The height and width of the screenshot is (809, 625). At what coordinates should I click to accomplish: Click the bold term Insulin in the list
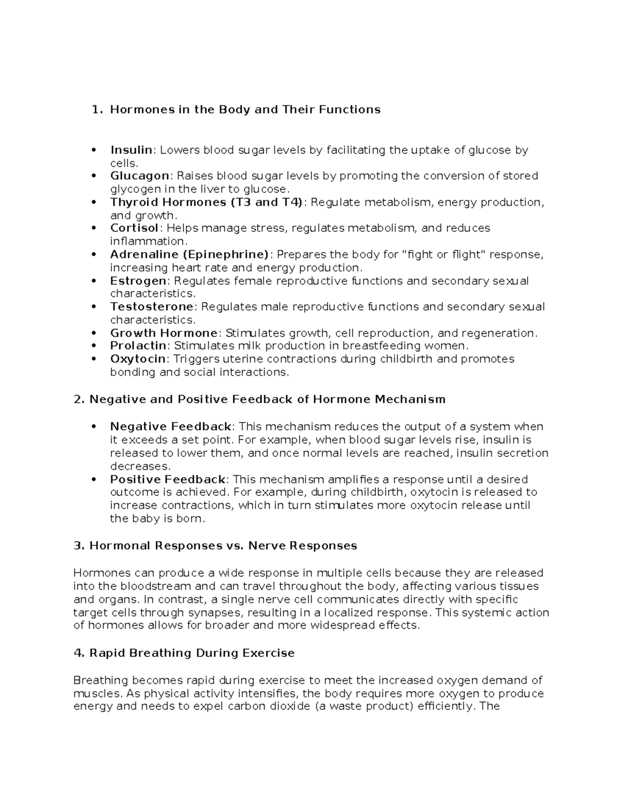[x=131, y=150]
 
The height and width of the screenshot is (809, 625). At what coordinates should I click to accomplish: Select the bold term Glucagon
[x=140, y=176]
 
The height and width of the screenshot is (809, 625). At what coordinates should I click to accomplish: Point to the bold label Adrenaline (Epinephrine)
[x=190, y=254]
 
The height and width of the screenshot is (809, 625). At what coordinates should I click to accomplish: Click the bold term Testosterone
[x=152, y=307]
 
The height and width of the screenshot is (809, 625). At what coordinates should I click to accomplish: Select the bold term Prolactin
[x=138, y=346]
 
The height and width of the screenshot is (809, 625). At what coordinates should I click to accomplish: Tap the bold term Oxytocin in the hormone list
[x=137, y=359]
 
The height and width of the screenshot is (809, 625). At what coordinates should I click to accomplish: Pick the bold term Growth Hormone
[x=164, y=333]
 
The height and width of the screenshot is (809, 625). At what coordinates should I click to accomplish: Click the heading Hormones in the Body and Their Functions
[x=245, y=109]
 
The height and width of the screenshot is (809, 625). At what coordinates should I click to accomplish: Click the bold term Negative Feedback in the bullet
[x=170, y=427]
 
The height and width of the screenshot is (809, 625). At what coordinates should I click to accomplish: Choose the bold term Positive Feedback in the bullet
[x=168, y=479]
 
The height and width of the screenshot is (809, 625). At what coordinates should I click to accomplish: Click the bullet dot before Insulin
[x=94, y=151]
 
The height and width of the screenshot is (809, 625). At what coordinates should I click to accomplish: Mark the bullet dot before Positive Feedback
[x=94, y=480]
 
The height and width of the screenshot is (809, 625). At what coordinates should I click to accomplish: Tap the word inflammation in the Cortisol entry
[x=147, y=241]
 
